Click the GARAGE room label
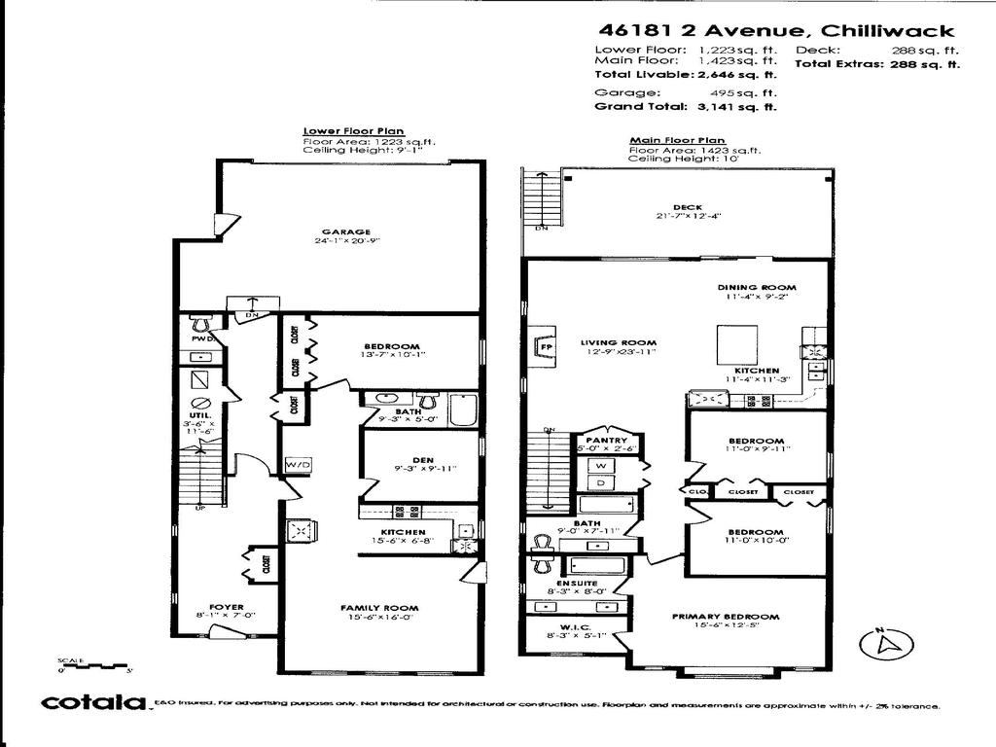click(x=335, y=231)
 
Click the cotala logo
click(x=92, y=703)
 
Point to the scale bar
click(x=93, y=666)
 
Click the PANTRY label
click(x=605, y=440)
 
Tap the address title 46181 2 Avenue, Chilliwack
click(x=774, y=31)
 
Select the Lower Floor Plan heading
click(x=354, y=130)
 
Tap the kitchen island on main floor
click(x=739, y=343)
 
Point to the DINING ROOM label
click(x=757, y=288)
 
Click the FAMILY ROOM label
click(x=379, y=608)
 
